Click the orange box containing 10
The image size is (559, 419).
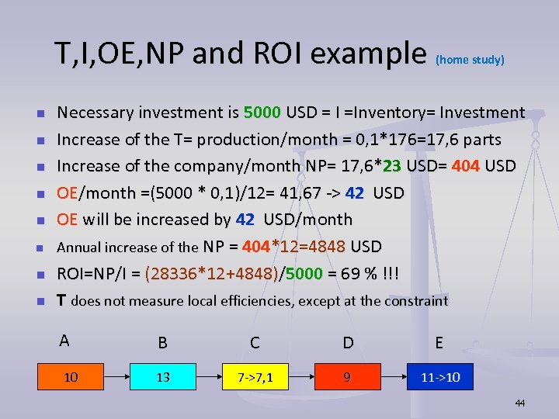[71, 378]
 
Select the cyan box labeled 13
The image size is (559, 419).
[163, 378]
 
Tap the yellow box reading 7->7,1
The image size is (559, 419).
[255, 378]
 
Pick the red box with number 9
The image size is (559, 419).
[347, 378]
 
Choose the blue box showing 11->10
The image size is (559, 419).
[439, 378]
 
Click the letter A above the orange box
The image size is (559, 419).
[64, 340]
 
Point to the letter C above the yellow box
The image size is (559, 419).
[255, 342]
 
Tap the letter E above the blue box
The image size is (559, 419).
[439, 342]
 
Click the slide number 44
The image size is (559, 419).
[519, 403]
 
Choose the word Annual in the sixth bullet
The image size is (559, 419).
[78, 248]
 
